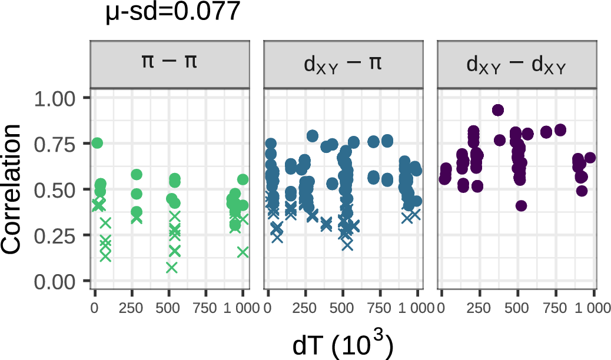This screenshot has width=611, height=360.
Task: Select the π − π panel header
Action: tap(170, 64)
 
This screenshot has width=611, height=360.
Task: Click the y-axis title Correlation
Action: tap(15, 189)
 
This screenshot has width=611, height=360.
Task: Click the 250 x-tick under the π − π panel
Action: tap(131, 308)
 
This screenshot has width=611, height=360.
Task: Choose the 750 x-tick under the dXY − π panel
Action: tap(380, 308)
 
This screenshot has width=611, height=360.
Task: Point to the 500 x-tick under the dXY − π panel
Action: tap(343, 308)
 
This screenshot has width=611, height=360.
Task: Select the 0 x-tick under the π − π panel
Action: tap(95, 308)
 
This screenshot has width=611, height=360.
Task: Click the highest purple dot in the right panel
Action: tap(498, 110)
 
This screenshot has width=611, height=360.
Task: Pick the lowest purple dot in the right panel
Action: tap(521, 206)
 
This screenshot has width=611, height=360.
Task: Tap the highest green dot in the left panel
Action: tap(97, 143)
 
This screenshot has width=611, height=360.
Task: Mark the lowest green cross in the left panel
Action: tap(171, 268)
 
